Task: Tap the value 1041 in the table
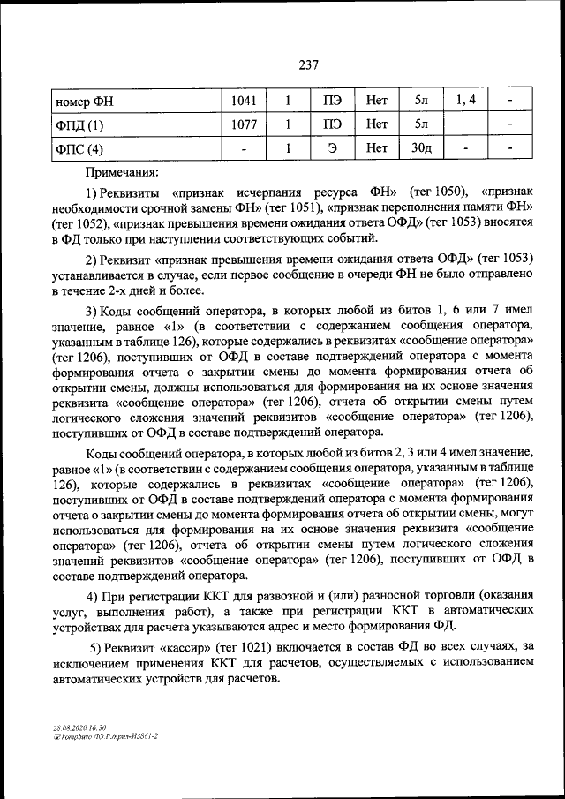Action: (x=244, y=101)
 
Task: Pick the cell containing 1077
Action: (x=244, y=124)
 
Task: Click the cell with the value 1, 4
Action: (x=465, y=101)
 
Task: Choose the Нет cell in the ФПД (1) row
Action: (x=377, y=124)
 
